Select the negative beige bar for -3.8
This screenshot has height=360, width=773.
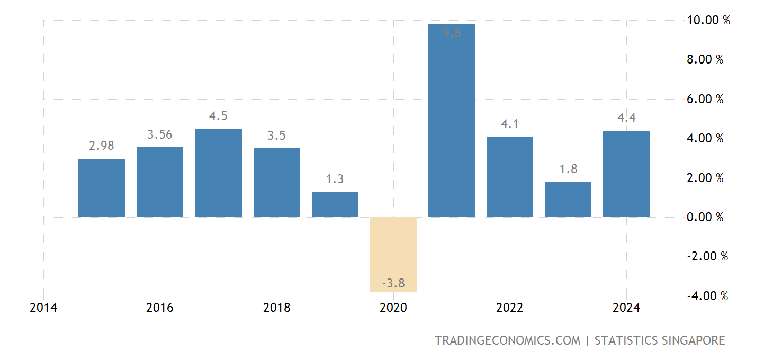point(393,254)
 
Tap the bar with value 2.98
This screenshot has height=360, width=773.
point(102,188)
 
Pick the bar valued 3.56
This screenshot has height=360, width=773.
point(160,182)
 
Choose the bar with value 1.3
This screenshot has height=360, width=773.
point(335,204)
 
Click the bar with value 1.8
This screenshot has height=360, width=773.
point(568,199)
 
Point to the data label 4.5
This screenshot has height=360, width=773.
point(218,116)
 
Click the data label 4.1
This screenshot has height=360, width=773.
point(509,124)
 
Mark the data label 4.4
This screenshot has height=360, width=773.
point(626,118)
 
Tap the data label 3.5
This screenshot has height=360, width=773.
point(276,136)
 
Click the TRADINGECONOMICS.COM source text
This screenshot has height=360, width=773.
point(507,340)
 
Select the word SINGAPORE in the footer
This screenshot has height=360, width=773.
point(693,340)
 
